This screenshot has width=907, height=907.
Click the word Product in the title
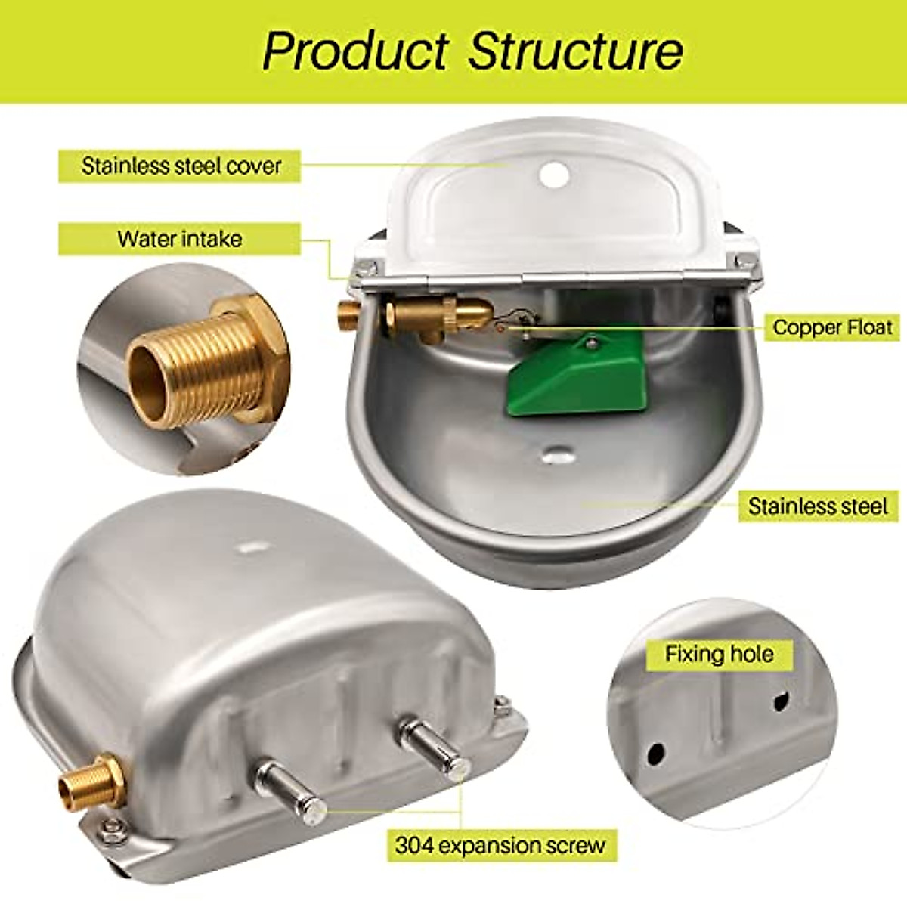click(x=355, y=51)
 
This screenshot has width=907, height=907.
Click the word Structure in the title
click(x=575, y=51)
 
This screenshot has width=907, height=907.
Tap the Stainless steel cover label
click(x=181, y=166)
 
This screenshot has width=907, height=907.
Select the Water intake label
click(x=180, y=240)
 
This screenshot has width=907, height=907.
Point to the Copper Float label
click(x=832, y=327)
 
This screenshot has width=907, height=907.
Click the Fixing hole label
click(x=719, y=654)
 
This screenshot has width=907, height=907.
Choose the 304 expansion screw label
click(x=500, y=844)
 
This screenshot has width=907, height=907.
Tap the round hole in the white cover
click(x=554, y=174)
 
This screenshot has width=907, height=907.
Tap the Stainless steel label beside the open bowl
click(x=818, y=506)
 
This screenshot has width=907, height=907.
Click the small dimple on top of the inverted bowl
click(x=249, y=546)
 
